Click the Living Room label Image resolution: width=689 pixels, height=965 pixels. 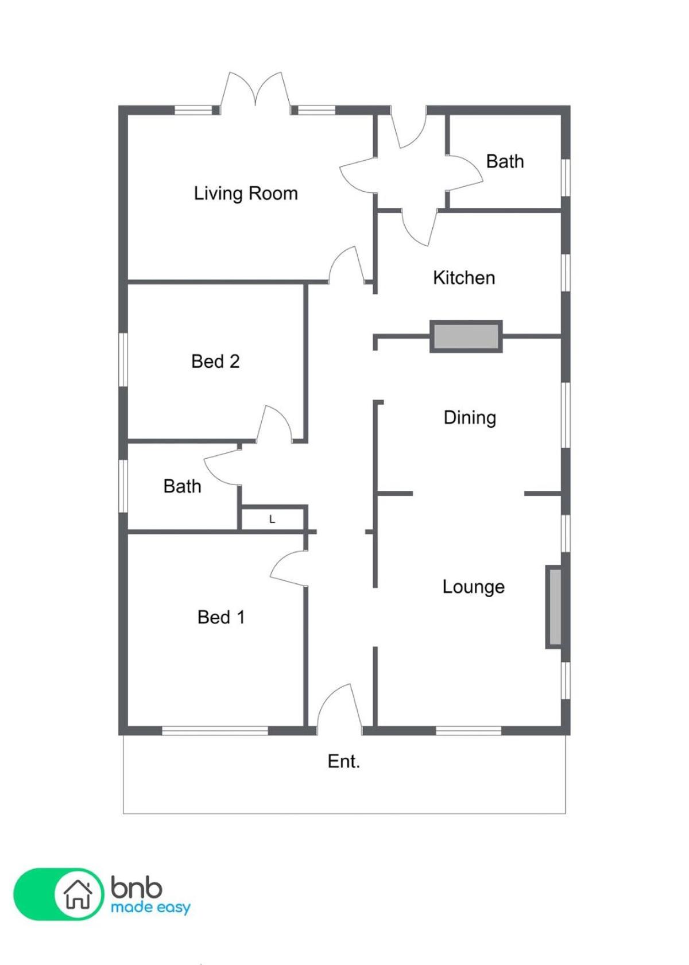246,193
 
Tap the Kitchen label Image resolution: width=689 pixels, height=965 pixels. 464,278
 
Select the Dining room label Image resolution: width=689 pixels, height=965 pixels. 470,418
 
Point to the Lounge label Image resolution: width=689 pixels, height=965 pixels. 474,587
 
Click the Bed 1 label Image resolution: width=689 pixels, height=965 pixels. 221,617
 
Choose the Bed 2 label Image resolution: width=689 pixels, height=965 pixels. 215,362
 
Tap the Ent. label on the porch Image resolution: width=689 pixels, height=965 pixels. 343,761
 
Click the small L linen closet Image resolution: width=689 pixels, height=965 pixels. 272,519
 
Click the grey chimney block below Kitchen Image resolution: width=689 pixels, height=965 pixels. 466,336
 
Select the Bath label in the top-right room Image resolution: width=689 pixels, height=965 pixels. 505,161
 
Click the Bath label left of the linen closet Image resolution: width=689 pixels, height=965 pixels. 182,486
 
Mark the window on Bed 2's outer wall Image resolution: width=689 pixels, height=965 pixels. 123,359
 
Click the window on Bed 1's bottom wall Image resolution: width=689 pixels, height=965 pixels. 215,730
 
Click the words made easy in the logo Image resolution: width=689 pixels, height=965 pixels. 150,908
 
